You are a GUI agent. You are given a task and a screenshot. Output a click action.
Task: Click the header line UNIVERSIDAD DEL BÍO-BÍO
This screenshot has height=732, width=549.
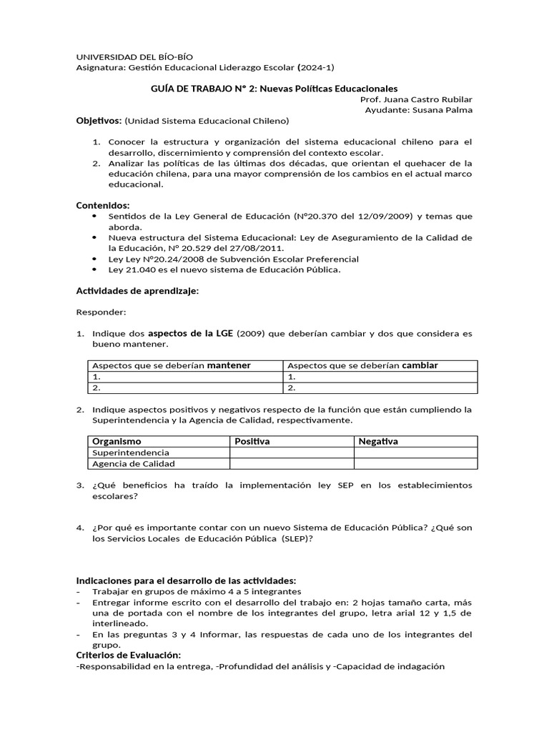[x=134, y=56]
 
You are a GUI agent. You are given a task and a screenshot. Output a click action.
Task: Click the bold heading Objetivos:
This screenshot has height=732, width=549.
[x=99, y=121]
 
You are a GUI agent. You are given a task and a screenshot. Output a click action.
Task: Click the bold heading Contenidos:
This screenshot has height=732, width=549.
[x=103, y=205]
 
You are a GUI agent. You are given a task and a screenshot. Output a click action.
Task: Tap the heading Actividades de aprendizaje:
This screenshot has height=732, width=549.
[x=137, y=291]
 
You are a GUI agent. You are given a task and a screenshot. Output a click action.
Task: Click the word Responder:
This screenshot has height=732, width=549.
[x=100, y=312]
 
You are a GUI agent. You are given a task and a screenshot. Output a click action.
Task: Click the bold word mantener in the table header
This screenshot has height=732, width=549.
[x=229, y=365]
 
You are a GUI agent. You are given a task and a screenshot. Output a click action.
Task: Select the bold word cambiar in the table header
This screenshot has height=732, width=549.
[x=420, y=365]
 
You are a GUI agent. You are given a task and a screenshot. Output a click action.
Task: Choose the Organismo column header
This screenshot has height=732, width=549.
[x=117, y=442]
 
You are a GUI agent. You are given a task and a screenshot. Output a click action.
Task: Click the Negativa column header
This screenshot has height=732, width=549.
[x=378, y=442]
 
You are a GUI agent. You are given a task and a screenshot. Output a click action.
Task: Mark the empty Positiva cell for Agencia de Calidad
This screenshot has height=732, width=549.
[x=292, y=464]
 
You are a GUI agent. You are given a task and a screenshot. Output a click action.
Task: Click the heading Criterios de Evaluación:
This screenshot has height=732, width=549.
[x=129, y=656]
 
